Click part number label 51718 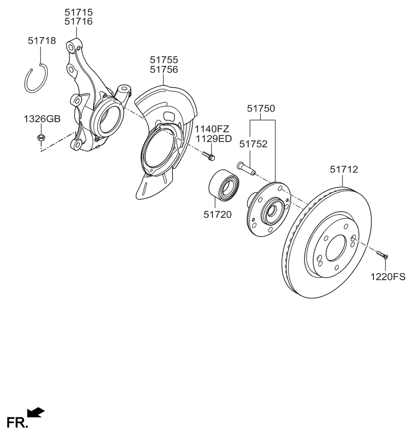click(x=41, y=40)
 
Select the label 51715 click(x=79, y=11)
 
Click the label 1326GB click(x=42, y=119)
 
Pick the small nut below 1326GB click(x=41, y=138)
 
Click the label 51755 click(x=164, y=60)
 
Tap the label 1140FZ click(x=212, y=129)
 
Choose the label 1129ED click(x=212, y=138)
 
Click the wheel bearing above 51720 click(x=224, y=184)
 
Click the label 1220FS click(x=388, y=278)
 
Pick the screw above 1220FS click(x=382, y=255)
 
